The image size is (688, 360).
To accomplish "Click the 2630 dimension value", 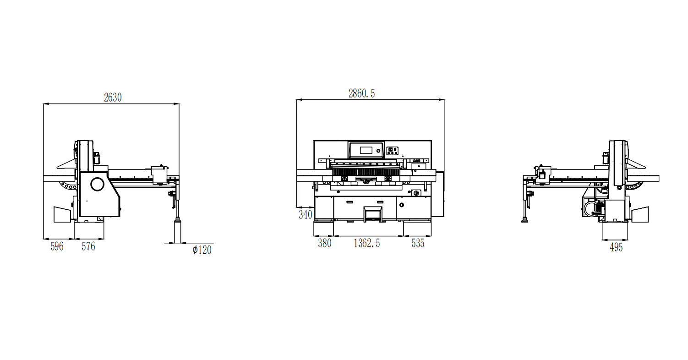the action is (x=113, y=98).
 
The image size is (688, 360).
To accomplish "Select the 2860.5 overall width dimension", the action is (x=361, y=93).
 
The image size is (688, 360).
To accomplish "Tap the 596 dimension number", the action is (x=57, y=246).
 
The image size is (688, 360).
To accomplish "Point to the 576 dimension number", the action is (x=88, y=246).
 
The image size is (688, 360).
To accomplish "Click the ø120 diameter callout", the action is (x=202, y=250).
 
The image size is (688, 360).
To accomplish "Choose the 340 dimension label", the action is (x=306, y=215).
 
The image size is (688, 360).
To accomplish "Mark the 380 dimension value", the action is (x=325, y=243).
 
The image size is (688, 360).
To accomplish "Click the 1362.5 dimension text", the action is (x=367, y=243).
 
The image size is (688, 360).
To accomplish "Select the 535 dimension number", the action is (x=418, y=243).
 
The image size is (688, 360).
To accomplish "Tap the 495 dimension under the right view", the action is (x=616, y=247).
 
